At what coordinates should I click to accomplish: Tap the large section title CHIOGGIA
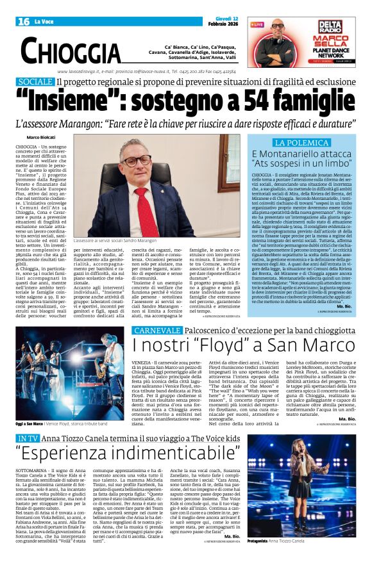pos(71,51)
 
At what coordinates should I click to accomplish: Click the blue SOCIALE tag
pos(35,83)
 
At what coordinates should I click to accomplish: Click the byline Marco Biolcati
pos(41,138)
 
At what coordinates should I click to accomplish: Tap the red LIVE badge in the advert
pos(257,24)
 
